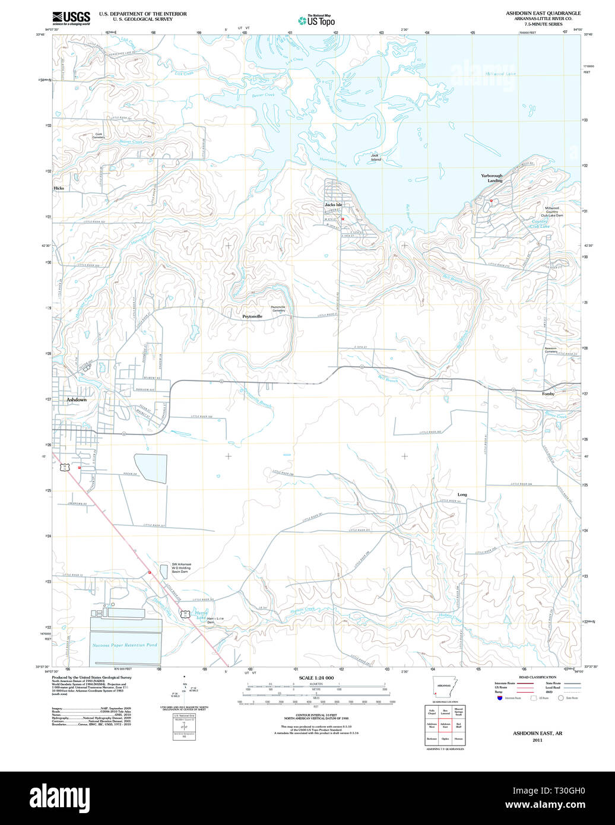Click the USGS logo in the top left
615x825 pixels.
click(71, 18)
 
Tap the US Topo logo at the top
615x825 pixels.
click(316, 20)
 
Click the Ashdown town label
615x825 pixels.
click(76, 400)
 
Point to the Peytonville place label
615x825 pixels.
click(252, 317)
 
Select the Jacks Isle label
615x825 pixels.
click(333, 205)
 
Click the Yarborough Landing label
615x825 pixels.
click(492, 178)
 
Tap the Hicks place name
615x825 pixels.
click(58, 188)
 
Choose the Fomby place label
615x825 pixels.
click(548, 394)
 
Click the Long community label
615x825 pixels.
click(462, 494)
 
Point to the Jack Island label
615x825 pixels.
click(375, 158)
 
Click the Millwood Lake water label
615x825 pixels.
click(500, 74)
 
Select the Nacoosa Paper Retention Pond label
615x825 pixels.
click(125, 645)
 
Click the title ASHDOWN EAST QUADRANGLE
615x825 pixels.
click(543, 13)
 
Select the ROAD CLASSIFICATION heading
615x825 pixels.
click(537, 677)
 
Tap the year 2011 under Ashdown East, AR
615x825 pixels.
click(537, 740)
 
